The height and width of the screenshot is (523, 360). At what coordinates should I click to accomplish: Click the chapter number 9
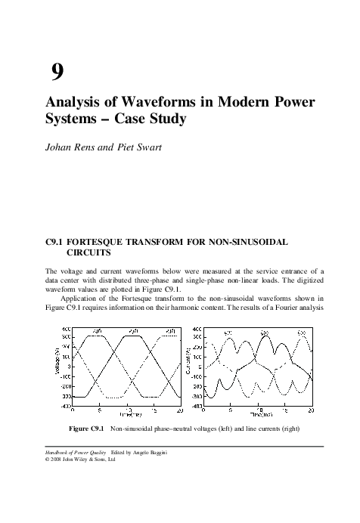pos(57,73)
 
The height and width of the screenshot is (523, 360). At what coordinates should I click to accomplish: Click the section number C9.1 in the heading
pos(58,244)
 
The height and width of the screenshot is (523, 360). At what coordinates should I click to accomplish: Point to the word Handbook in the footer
pos(60,452)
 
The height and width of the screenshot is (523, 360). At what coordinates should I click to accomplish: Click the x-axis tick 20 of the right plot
pos(312,410)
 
